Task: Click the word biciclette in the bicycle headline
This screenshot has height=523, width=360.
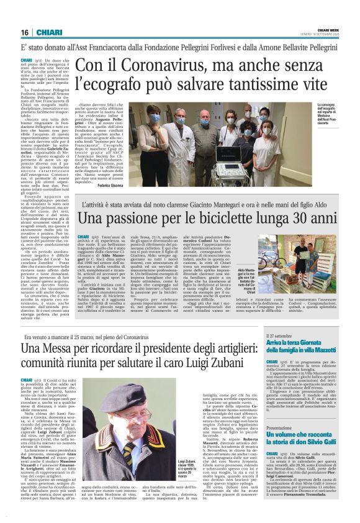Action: click(x=238, y=220)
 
